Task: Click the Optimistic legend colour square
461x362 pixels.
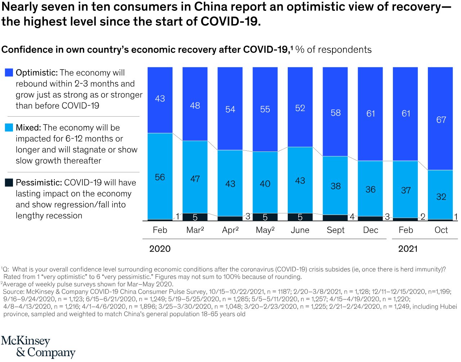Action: point(9,73)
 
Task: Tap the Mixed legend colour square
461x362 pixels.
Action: point(9,128)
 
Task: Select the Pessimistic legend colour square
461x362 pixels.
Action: point(9,182)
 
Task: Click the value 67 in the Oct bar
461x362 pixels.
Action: point(441,120)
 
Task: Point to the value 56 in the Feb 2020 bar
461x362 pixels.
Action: point(160,177)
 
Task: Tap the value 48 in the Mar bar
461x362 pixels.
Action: point(195,105)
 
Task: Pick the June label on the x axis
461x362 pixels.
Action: point(300,230)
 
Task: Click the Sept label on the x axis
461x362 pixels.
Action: point(335,230)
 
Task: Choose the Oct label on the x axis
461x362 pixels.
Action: point(441,230)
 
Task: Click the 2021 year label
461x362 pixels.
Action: point(408,249)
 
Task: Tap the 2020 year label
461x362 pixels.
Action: point(160,249)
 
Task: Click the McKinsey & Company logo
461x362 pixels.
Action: point(38,347)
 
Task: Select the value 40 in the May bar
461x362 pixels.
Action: point(265,184)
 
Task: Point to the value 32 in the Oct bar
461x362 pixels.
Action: point(441,197)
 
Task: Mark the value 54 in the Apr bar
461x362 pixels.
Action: point(230,109)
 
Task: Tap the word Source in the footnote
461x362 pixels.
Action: point(13,291)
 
